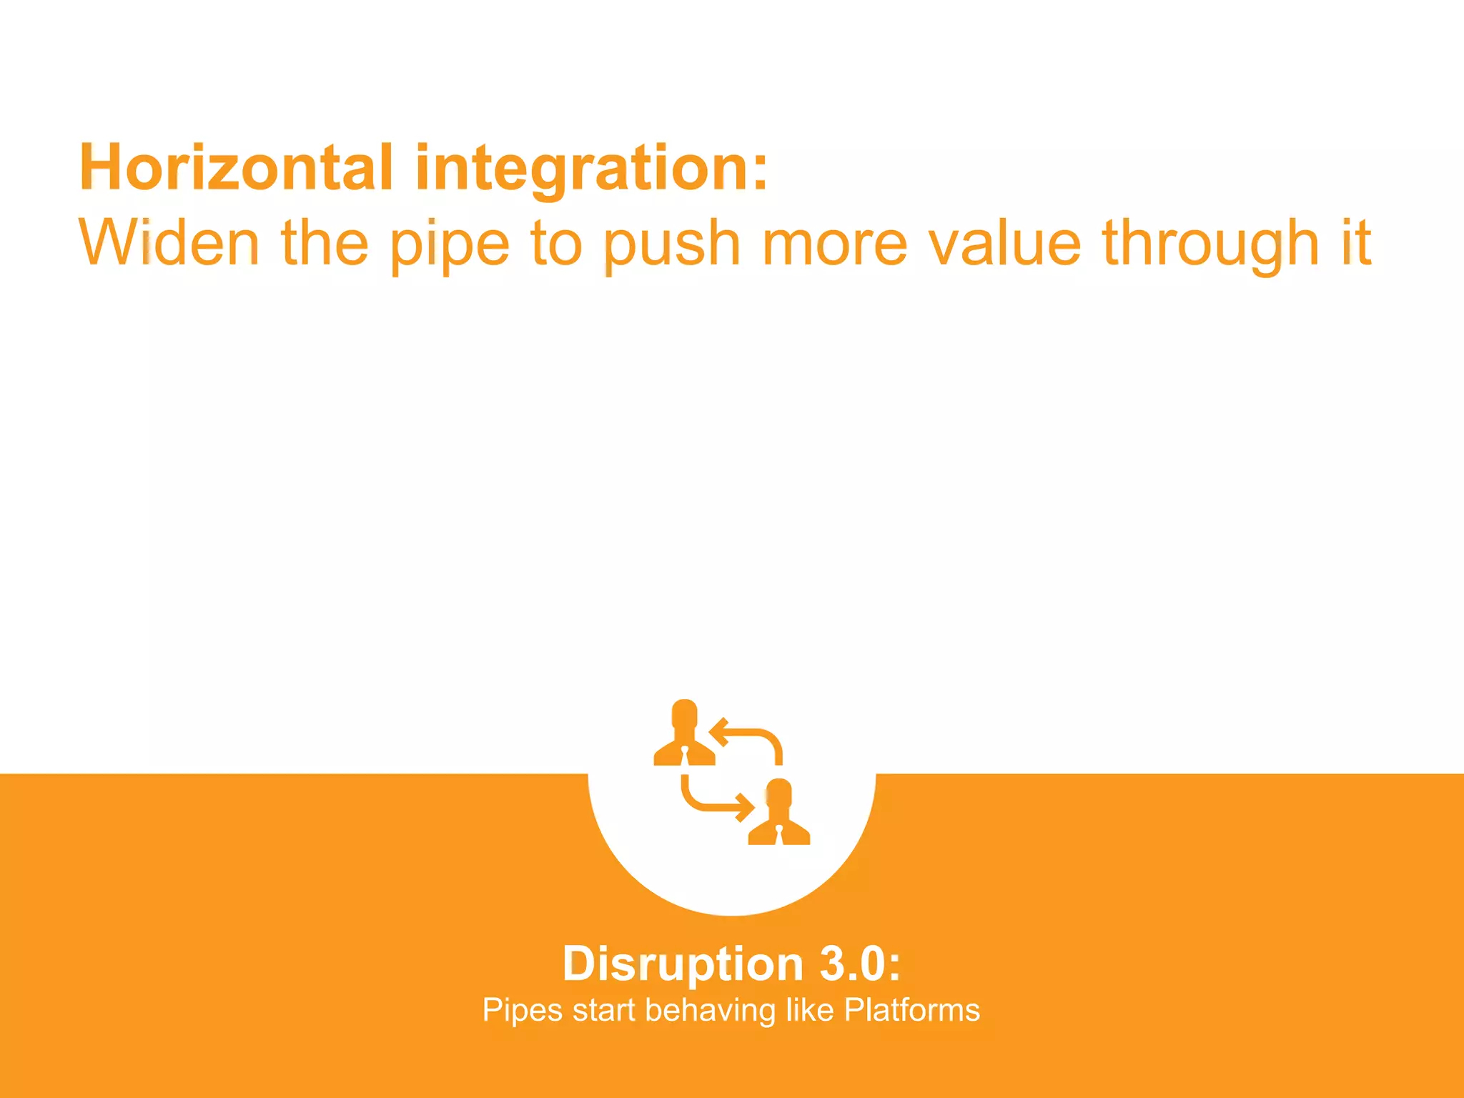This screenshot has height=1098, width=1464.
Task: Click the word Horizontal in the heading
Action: pyautogui.click(x=236, y=168)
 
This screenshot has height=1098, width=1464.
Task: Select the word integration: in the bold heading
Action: pyautogui.click(x=592, y=169)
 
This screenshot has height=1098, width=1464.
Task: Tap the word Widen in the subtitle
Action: pyautogui.click(x=169, y=243)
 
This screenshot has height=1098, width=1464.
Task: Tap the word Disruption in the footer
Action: pyautogui.click(x=683, y=964)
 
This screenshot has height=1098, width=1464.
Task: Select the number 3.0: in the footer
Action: pyautogui.click(x=860, y=964)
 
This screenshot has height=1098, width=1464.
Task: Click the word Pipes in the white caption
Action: pyautogui.click(x=523, y=1011)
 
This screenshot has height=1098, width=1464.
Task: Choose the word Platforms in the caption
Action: pyautogui.click(x=911, y=1010)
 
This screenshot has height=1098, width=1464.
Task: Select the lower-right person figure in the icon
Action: pyautogui.click(x=778, y=814)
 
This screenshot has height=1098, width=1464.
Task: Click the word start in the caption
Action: pyautogui.click(x=603, y=1011)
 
